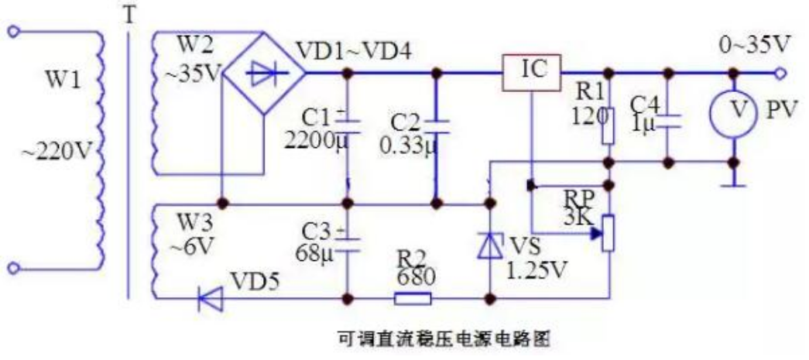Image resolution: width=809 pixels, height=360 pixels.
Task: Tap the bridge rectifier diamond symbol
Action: [x=264, y=74]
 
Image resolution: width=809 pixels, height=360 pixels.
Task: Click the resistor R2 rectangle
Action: [x=413, y=297]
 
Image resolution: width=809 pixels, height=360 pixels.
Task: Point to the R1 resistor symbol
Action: [x=608, y=126]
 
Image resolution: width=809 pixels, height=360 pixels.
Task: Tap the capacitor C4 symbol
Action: [x=670, y=120]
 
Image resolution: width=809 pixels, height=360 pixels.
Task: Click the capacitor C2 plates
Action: [x=436, y=122]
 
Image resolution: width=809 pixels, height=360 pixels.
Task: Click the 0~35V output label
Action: [x=755, y=45]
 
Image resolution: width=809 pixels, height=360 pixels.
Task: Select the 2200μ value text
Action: [x=314, y=141]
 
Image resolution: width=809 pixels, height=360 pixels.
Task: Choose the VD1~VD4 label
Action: [x=355, y=51]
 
